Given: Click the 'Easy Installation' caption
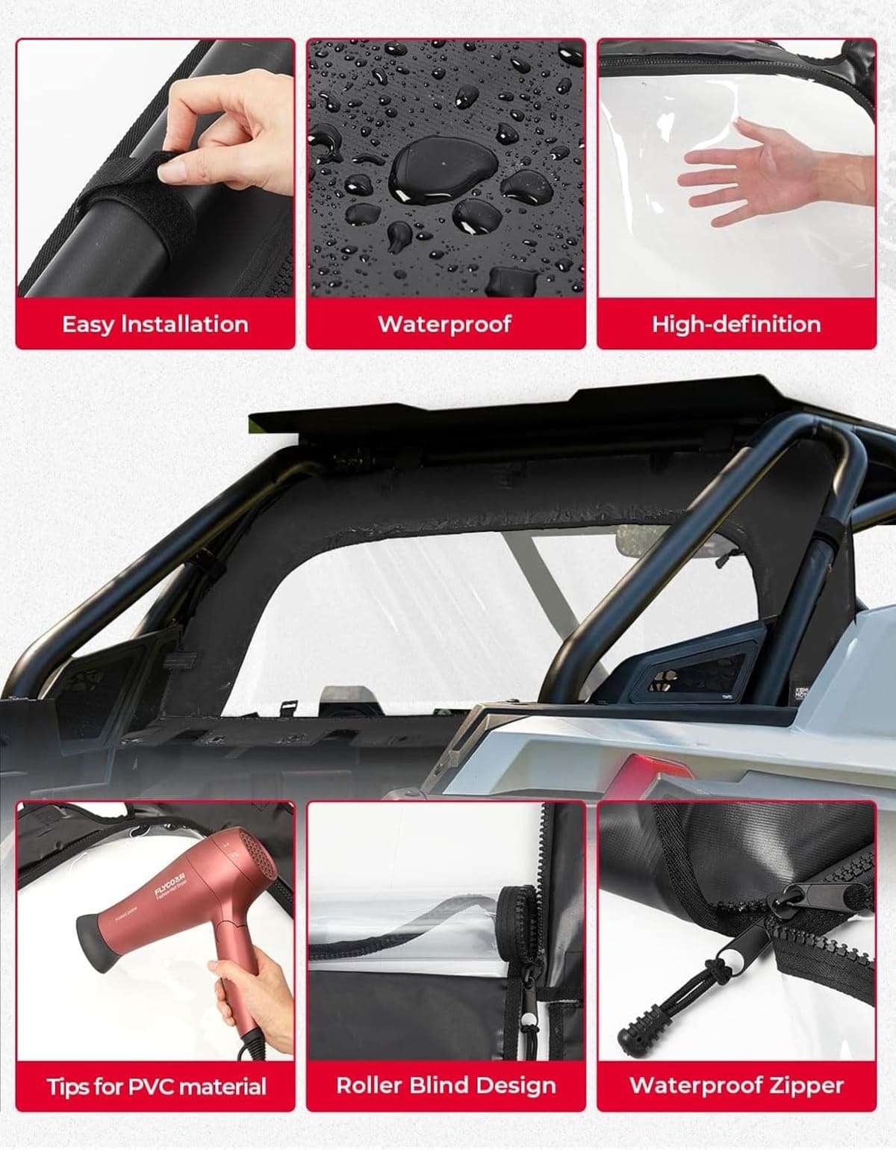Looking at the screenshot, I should click(155, 324).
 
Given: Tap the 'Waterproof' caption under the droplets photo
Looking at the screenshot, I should click(445, 324).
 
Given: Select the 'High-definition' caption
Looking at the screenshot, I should click(736, 324).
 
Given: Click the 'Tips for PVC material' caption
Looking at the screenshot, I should click(155, 1086).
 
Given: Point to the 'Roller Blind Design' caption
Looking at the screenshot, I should click(446, 1085).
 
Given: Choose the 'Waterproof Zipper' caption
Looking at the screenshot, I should click(736, 1085).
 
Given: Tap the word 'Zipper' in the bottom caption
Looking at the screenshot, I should click(806, 1085).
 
